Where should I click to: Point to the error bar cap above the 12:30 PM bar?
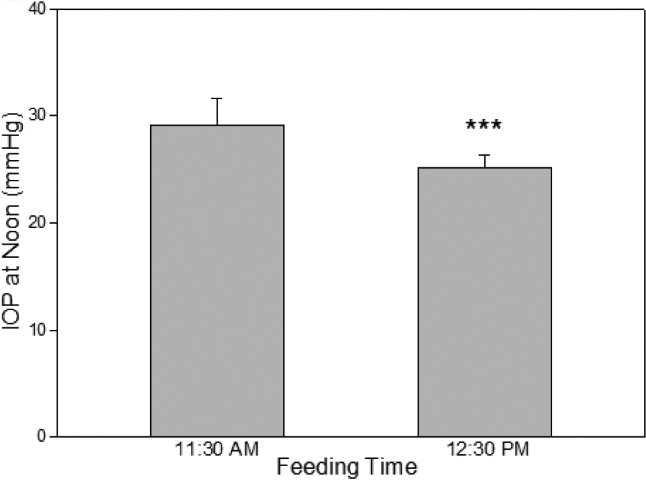pyautogui.click(x=484, y=155)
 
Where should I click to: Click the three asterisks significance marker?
pyautogui.click(x=484, y=125)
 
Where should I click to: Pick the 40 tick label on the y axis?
pyautogui.click(x=38, y=9)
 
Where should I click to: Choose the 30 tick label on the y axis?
pyautogui.click(x=38, y=116)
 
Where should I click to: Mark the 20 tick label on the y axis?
pyautogui.click(x=38, y=223)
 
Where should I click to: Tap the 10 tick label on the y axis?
pyautogui.click(x=38, y=330)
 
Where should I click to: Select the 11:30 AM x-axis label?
pyautogui.click(x=218, y=450)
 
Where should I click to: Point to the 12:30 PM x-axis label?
pyautogui.click(x=484, y=450)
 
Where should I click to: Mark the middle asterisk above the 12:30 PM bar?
pyautogui.click(x=484, y=125)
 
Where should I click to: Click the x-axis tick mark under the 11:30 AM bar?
pyautogui.click(x=218, y=440)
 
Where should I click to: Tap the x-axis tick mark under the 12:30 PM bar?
pyautogui.click(x=484, y=440)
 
